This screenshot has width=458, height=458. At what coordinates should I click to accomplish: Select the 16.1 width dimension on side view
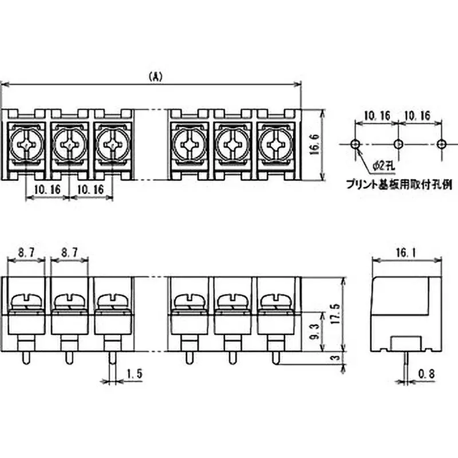pos(406,252)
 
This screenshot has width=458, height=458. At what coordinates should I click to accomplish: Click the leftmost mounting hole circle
pos(356,143)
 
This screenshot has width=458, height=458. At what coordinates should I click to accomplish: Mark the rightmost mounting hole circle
pos(441,143)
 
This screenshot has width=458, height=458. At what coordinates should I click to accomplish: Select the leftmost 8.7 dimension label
pos(26,251)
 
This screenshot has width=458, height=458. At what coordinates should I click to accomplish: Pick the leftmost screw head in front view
pos(26,300)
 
